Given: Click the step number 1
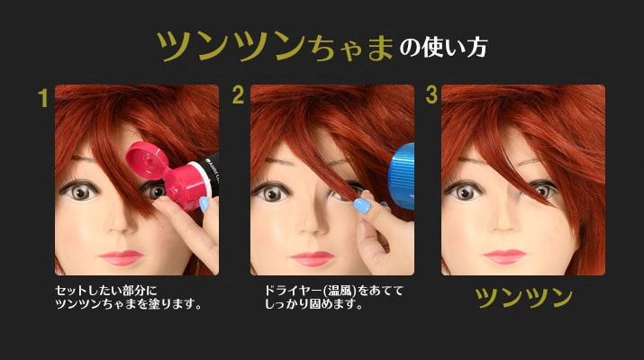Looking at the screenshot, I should click(42, 97).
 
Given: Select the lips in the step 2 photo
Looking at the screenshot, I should click(313, 257).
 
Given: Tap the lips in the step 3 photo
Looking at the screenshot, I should click(504, 256).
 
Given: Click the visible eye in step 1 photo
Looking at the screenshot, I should click(81, 192).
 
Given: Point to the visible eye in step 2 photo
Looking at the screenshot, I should click(271, 192).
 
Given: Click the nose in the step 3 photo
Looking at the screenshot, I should click(510, 224).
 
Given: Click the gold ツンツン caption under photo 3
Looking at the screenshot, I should click(523, 298).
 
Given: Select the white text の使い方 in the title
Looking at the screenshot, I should click(443, 47).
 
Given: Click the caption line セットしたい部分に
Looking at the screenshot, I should click(106, 291).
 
